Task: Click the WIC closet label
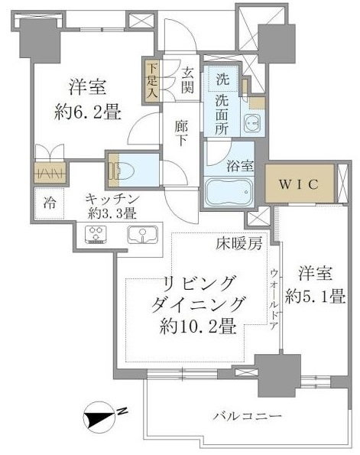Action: pos(299,184)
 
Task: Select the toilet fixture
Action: pos(121,170)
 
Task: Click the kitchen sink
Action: pos(142,235)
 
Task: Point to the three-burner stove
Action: pos(96,235)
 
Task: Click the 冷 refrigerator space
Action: pos(50,203)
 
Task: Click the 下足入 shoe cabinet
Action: pos(151,80)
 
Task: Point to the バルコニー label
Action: pos(248,417)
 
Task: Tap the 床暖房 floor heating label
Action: pos(239,244)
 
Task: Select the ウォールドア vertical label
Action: pos(274,299)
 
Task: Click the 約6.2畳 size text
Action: pos(87,113)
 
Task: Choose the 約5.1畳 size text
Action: pos(315,297)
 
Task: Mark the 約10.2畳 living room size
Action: pos(198,327)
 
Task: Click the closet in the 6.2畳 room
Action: pos(50,172)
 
